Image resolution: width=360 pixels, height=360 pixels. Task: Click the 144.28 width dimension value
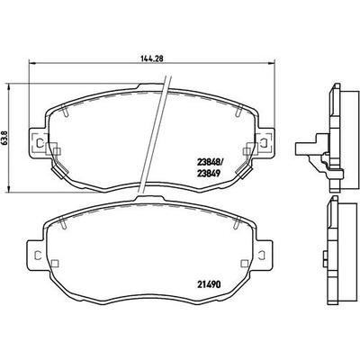click(x=151, y=58)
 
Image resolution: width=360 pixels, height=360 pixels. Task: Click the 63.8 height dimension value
click(x=4, y=139)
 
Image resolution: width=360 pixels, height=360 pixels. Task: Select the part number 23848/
click(x=210, y=163)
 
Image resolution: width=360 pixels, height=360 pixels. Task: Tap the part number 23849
click(x=209, y=173)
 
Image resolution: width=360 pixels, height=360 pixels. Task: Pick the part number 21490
click(x=209, y=284)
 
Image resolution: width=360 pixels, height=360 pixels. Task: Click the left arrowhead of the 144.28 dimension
click(x=31, y=63)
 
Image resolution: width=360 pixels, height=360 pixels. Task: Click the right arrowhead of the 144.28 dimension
click(x=271, y=63)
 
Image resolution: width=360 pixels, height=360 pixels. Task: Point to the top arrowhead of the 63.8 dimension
click(x=9, y=87)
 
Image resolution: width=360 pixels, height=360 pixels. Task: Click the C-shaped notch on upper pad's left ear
click(x=37, y=142)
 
